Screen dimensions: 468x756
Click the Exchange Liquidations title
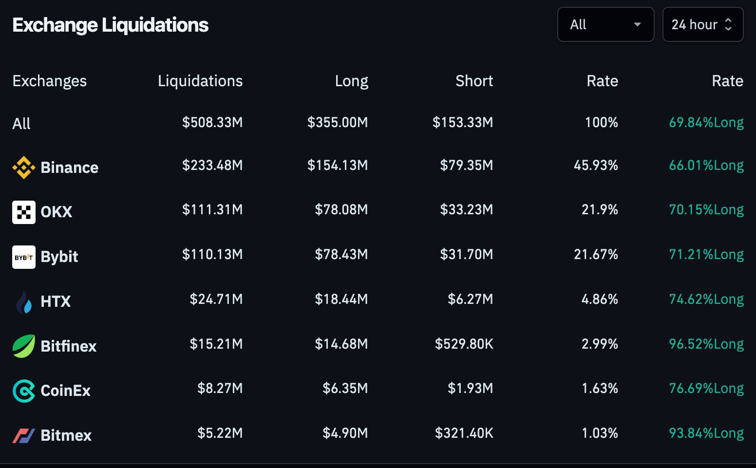110,25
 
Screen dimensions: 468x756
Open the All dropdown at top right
605,24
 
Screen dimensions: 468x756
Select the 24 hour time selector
702,24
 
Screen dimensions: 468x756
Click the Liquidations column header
200,81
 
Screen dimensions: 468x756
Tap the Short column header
474,81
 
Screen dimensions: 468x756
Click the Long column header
351,81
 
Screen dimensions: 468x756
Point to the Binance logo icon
24,168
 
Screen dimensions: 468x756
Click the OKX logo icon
24,212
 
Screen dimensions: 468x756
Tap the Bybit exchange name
59,257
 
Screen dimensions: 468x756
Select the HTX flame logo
24,302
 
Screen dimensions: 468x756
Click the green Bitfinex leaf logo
24,346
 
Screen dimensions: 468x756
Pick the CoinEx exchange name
66,391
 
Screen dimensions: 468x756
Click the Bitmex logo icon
24,435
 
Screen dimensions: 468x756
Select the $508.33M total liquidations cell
212,122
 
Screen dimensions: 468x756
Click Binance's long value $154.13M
338,166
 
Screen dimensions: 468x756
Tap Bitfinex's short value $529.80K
464,344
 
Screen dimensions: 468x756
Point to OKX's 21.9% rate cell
600,210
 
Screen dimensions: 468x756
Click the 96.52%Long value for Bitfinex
706,344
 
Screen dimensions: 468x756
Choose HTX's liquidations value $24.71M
216,299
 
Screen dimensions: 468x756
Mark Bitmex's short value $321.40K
464,433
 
